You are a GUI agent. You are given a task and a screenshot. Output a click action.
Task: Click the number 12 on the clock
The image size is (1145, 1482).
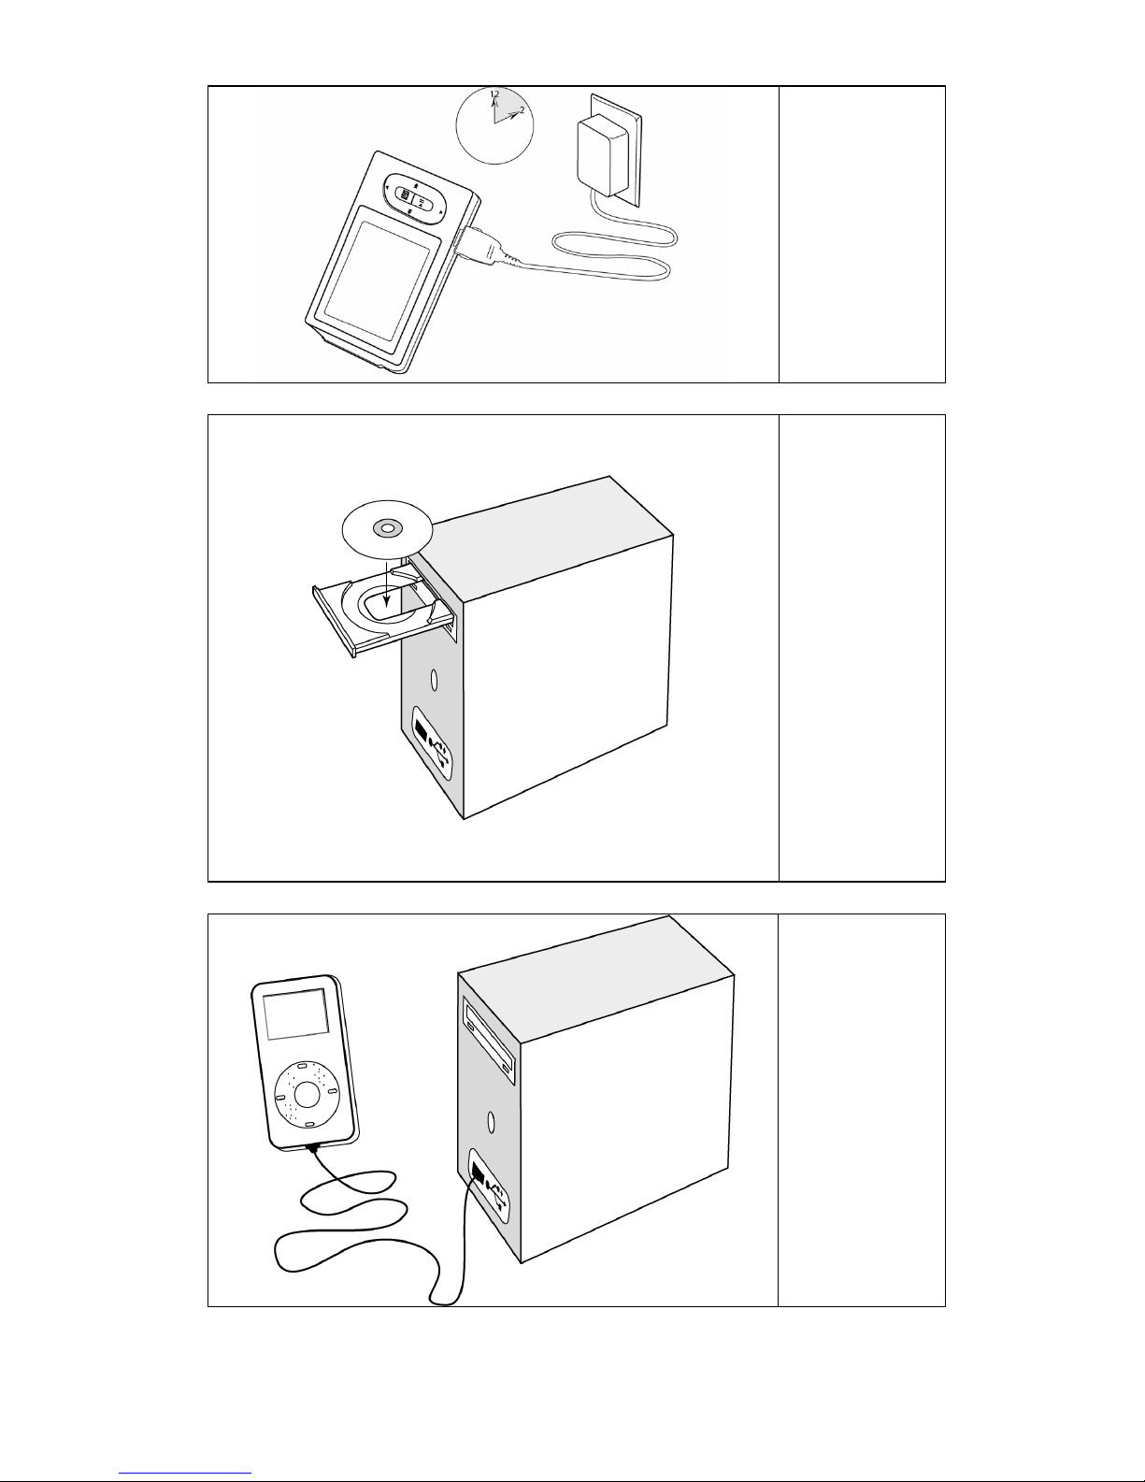tap(494, 94)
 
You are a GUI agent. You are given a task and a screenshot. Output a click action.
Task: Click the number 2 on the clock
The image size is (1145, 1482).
tap(522, 109)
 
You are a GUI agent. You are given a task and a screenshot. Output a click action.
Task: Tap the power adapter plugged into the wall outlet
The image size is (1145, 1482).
tap(602, 156)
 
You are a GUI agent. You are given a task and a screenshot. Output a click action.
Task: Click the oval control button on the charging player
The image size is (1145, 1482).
tap(414, 197)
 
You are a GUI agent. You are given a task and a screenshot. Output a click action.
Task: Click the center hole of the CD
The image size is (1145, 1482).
tap(386, 528)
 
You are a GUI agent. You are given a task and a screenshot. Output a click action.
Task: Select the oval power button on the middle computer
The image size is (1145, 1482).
tap(434, 680)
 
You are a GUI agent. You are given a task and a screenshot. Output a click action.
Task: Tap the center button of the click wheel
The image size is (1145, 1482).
tap(308, 1094)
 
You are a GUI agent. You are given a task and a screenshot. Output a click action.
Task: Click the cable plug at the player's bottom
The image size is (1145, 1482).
tap(313, 1149)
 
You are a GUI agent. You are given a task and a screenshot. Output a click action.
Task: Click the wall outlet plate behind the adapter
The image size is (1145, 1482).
tap(617, 150)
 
